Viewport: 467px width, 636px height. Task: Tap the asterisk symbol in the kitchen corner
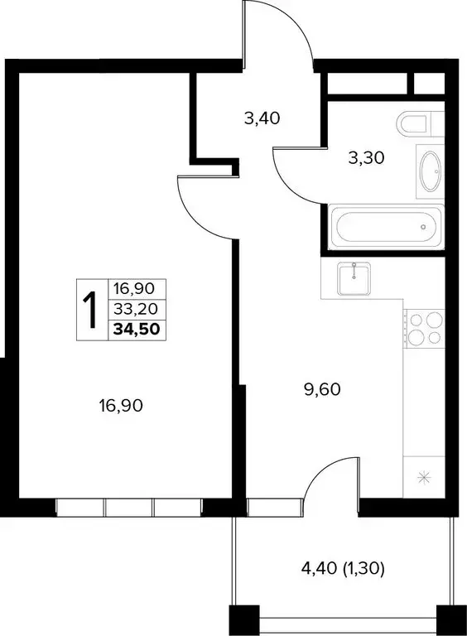425,477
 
